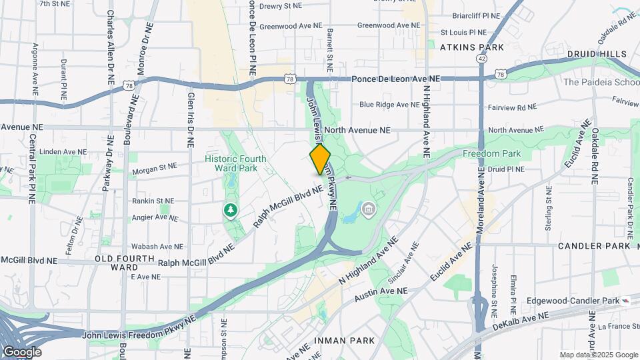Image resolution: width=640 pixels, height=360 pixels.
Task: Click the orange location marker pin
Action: point(321,159)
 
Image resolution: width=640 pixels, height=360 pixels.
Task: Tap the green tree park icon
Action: point(231,211)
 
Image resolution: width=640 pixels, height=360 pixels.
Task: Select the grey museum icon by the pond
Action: point(367,211)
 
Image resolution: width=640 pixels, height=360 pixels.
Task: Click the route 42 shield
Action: point(481,59)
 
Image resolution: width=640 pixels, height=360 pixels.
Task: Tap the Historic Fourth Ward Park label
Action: point(235,164)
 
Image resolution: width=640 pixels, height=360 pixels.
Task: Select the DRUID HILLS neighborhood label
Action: point(597,53)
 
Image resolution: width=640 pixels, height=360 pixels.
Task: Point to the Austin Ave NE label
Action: point(380,291)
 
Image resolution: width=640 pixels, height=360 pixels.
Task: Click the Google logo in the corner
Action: point(22,352)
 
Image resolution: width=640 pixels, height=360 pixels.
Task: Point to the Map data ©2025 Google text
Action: point(598,355)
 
